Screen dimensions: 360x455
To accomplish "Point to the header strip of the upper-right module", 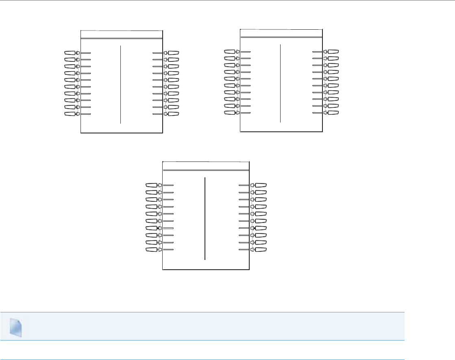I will click(x=281, y=33).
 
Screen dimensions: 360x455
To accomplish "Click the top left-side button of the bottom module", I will click(x=152, y=185).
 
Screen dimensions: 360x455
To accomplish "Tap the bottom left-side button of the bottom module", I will click(x=152, y=249).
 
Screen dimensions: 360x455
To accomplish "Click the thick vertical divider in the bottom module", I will click(x=205, y=218).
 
